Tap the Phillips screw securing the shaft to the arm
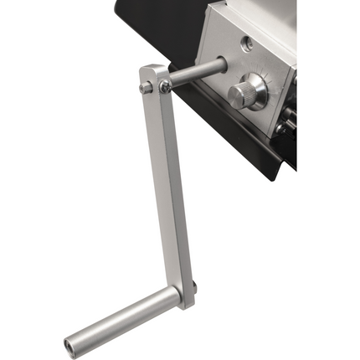[165, 85]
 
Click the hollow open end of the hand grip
[69, 343]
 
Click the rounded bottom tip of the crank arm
[185, 303]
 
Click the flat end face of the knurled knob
[234, 95]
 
